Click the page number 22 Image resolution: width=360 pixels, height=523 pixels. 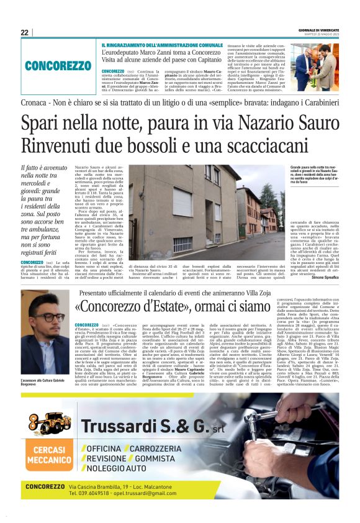coord(24,32)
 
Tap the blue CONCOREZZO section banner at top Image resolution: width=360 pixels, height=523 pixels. coord(58,65)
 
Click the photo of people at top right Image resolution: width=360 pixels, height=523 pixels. coord(314,66)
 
